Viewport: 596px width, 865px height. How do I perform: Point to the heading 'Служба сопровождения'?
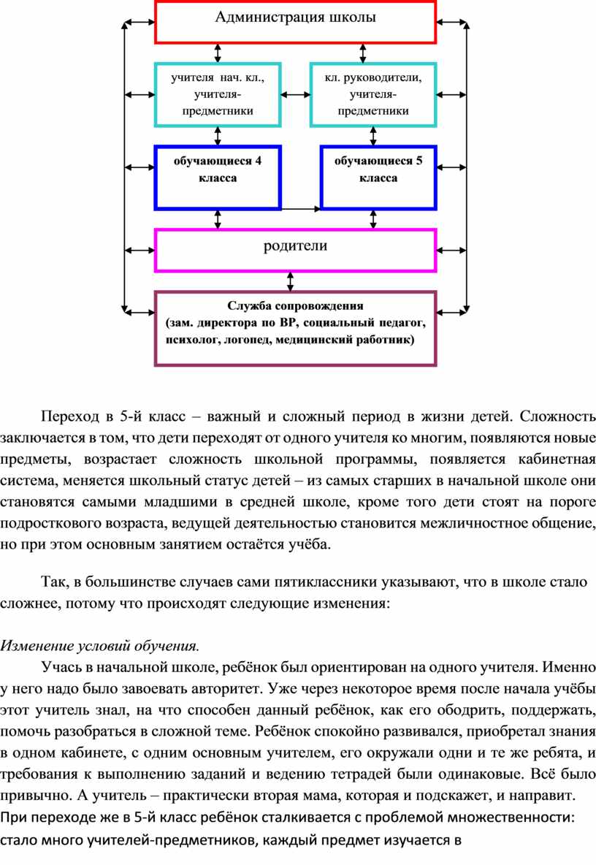pos(296,306)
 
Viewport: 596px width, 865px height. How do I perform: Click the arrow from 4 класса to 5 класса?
pos(301,209)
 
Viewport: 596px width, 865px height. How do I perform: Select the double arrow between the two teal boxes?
pos(296,95)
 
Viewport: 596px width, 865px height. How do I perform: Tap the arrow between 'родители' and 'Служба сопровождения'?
pos(291,281)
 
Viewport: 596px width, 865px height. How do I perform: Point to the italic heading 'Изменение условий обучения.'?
pos(100,645)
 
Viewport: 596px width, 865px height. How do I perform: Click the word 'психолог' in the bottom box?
pos(192,340)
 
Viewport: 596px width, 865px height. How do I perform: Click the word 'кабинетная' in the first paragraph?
pos(557,459)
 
